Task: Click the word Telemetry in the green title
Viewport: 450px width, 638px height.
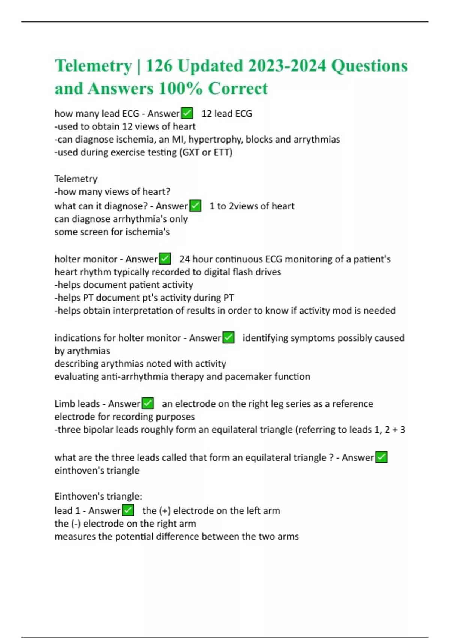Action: point(93,66)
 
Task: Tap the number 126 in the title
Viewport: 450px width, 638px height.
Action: point(159,66)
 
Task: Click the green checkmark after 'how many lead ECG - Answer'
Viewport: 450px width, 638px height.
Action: point(187,113)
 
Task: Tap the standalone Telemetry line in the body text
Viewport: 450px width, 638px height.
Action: point(76,179)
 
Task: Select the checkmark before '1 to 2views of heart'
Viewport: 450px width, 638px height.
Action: point(195,206)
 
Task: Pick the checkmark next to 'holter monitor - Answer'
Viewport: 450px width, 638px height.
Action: point(165,259)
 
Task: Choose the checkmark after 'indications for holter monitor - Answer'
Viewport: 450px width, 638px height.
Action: point(228,338)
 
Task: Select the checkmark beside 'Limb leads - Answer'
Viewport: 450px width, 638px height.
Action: point(148,403)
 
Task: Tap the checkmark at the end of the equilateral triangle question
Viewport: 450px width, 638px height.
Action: point(381,457)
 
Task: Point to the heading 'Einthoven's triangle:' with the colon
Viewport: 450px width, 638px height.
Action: point(98,496)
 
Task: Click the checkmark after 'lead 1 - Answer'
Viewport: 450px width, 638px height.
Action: point(128,510)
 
